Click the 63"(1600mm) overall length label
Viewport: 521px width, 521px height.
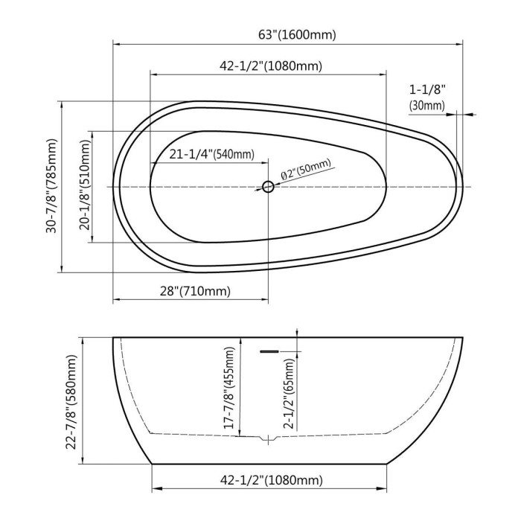(297, 34)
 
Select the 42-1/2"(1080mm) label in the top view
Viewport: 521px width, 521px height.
(271, 65)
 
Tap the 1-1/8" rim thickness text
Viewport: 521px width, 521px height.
(427, 89)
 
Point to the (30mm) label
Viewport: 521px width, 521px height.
(427, 106)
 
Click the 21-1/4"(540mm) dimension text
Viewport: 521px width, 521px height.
(212, 154)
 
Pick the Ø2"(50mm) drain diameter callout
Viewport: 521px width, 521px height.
(307, 170)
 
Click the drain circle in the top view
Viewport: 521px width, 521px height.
(268, 187)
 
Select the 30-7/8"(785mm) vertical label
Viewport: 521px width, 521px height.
(51, 186)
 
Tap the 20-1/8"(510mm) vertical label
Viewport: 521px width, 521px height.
(85, 185)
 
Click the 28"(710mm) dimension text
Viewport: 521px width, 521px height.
(195, 291)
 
